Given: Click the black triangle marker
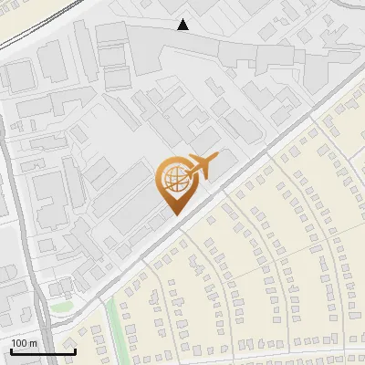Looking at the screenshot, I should pyautogui.click(x=183, y=25).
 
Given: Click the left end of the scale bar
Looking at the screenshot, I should pyautogui.click(x=11, y=351).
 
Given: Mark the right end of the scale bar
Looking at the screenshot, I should pyautogui.click(x=75, y=351).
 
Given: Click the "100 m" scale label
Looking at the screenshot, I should pyautogui.click(x=23, y=342).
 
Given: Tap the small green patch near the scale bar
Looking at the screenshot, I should pyautogui.click(x=59, y=308).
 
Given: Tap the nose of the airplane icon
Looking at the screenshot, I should pyautogui.click(x=217, y=159).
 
